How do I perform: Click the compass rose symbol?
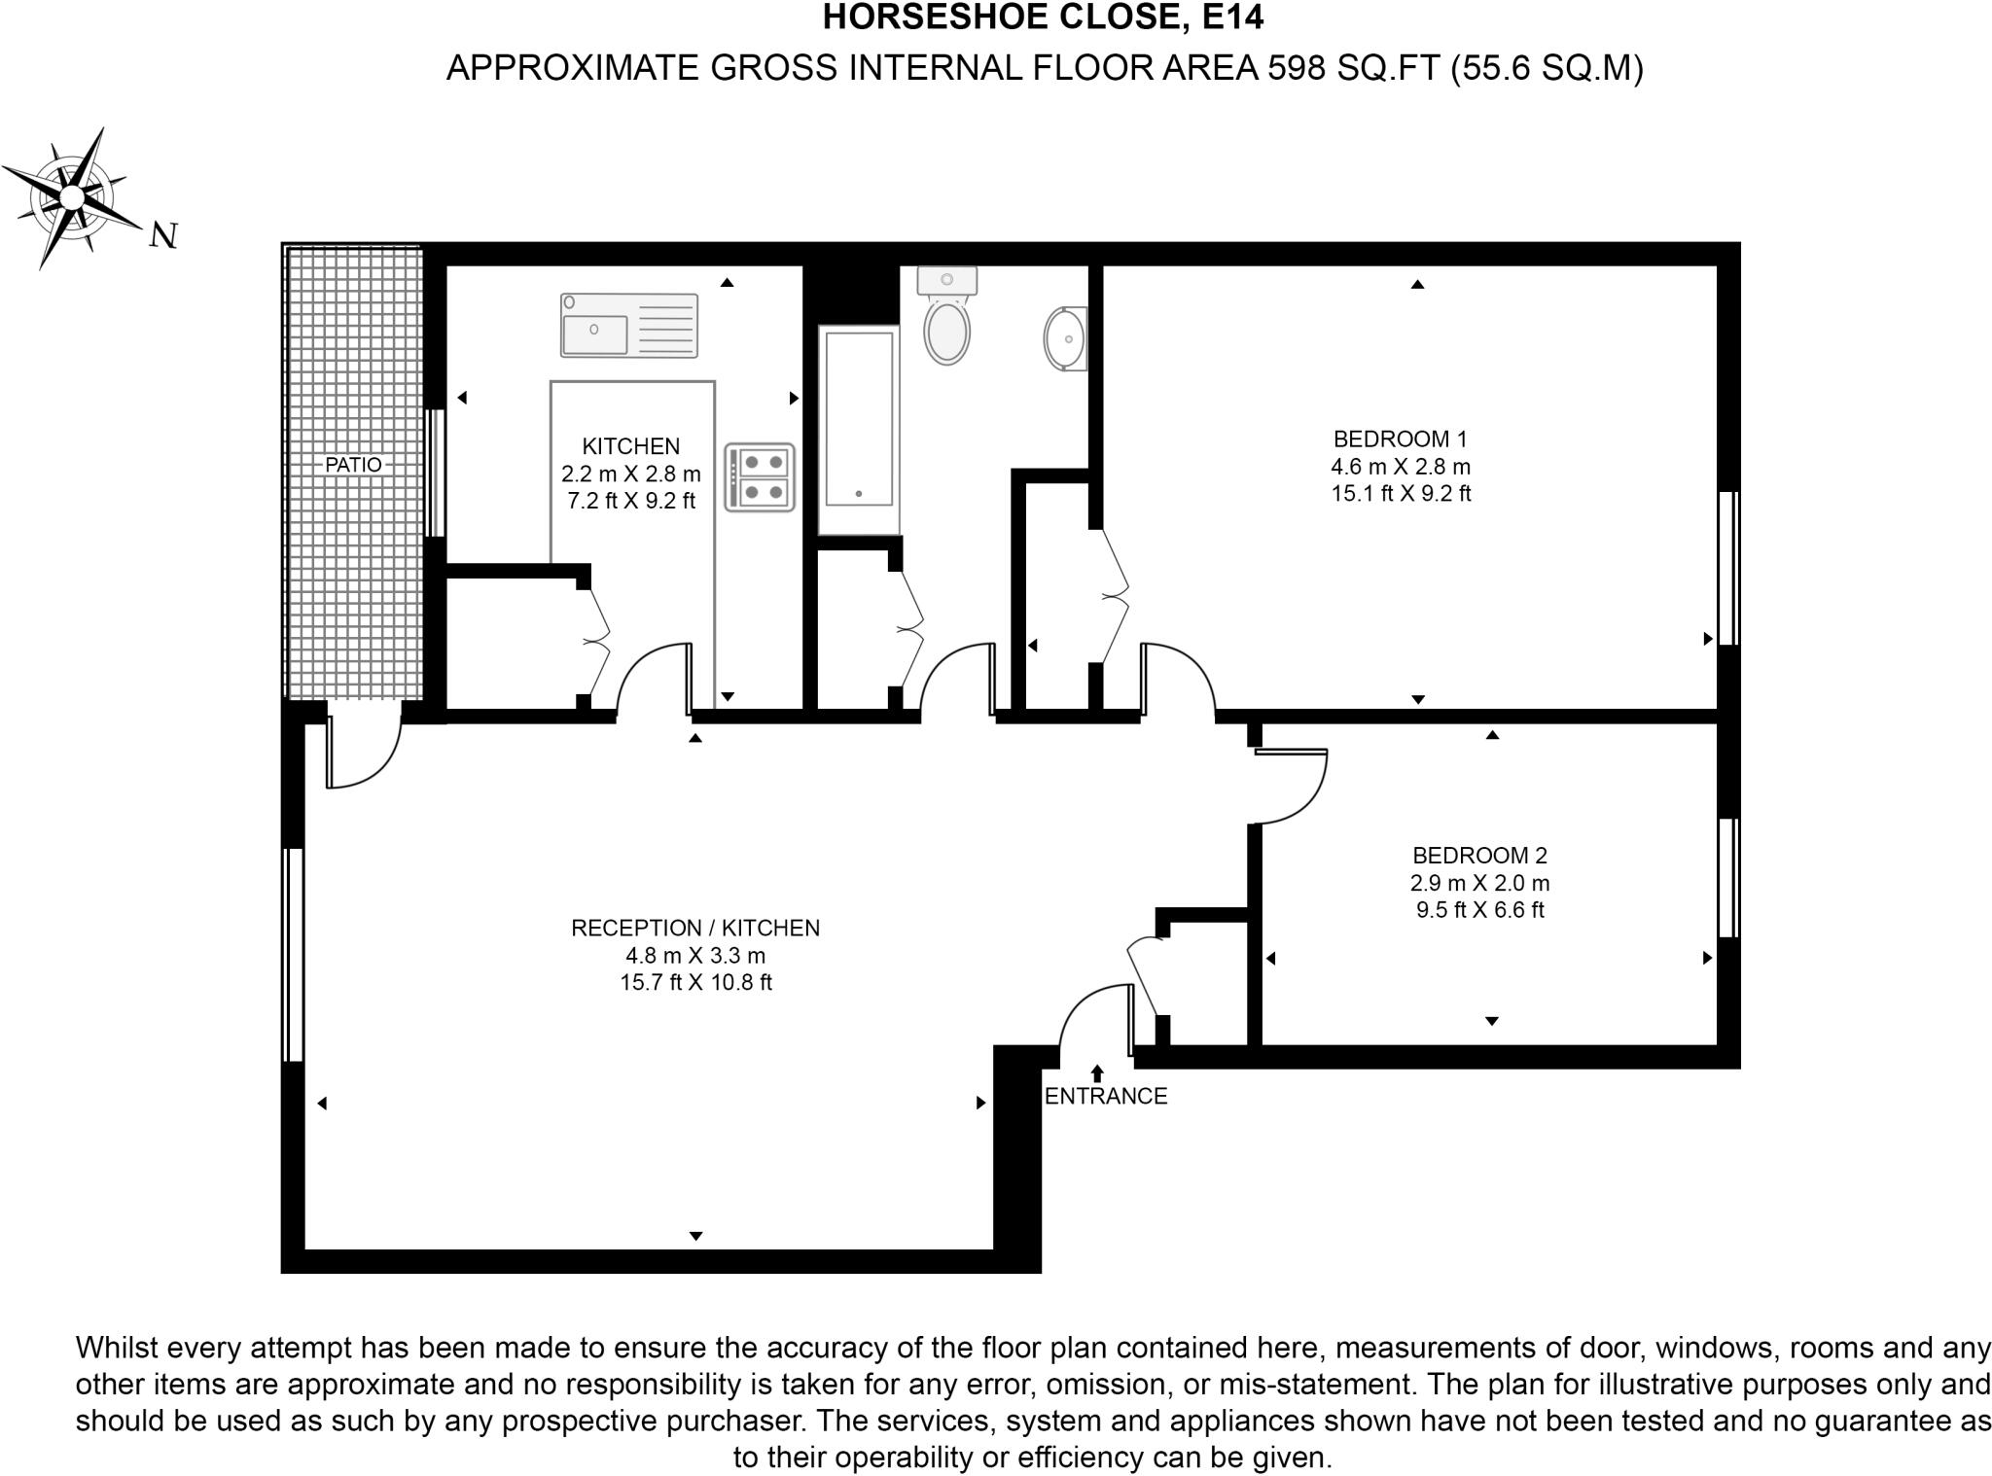pyautogui.click(x=72, y=197)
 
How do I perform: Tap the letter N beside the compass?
pyautogui.click(x=163, y=235)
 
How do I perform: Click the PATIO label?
pyautogui.click(x=353, y=465)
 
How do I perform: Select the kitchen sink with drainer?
pyautogui.click(x=629, y=326)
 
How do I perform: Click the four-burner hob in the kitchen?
pyautogui.click(x=760, y=477)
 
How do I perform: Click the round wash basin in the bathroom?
pyautogui.click(x=1066, y=338)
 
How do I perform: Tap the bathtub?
pyautogui.click(x=858, y=430)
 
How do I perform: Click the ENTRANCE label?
pyautogui.click(x=1105, y=1097)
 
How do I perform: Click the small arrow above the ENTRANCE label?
pyautogui.click(x=1097, y=1072)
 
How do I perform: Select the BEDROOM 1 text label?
pyautogui.click(x=1400, y=439)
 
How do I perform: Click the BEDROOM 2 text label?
pyautogui.click(x=1478, y=856)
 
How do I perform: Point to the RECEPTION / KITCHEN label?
pyautogui.click(x=694, y=929)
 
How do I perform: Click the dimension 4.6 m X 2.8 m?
pyautogui.click(x=1400, y=467)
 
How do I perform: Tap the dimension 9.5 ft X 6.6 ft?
pyautogui.click(x=1478, y=911)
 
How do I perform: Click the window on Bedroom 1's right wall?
pyautogui.click(x=1727, y=568)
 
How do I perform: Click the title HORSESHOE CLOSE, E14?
pyautogui.click(x=1043, y=18)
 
